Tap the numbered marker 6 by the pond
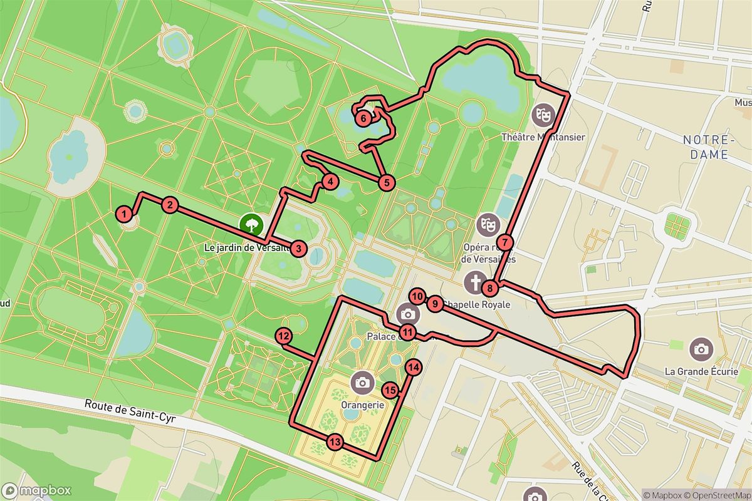point(363,117)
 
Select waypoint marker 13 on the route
point(335,443)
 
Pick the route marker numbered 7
point(505,242)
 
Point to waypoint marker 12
point(283,336)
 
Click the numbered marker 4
point(330,182)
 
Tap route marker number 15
point(390,390)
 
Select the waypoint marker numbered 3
point(300,249)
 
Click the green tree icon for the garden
point(251,224)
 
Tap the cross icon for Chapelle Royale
point(476,282)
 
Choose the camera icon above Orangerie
point(362,381)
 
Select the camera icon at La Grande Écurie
point(701,349)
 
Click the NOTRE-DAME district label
point(706,147)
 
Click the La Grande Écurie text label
point(701,371)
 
